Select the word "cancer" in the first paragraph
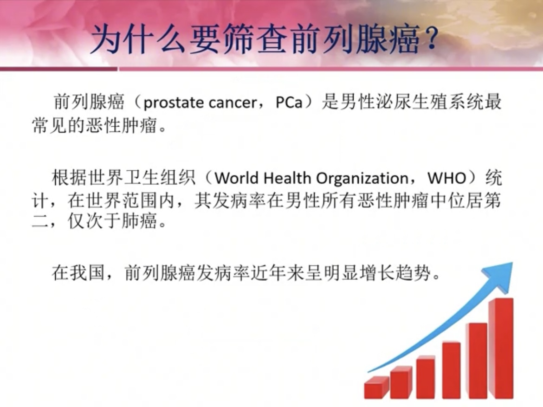tap(233, 103)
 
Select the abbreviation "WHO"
tap(447, 178)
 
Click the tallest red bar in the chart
tap(501, 348)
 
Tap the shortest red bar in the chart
tap(376, 387)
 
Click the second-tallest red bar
tap(477, 360)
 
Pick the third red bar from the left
tap(425, 377)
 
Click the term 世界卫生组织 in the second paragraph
tap(123, 178)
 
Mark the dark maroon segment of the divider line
tap(58, 69)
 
